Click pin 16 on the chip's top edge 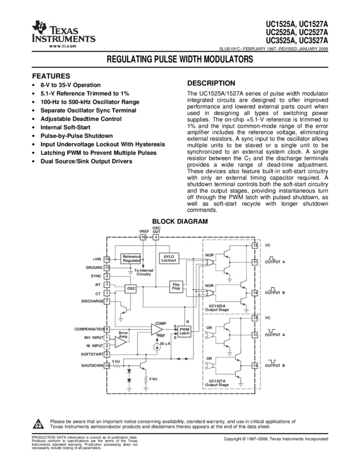(143, 237)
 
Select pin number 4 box (156, 237)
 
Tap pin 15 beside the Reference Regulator (107, 259)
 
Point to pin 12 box (107, 268)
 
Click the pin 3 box (107, 276)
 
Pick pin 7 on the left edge (107, 302)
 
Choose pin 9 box (107, 329)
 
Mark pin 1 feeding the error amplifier (107, 338)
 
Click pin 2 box (107, 346)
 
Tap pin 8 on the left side (107, 355)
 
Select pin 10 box (107, 365)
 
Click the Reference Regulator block (131, 259)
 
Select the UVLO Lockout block (169, 258)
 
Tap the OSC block (131, 288)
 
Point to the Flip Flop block (176, 286)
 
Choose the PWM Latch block (184, 331)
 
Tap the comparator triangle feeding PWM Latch (157, 329)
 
